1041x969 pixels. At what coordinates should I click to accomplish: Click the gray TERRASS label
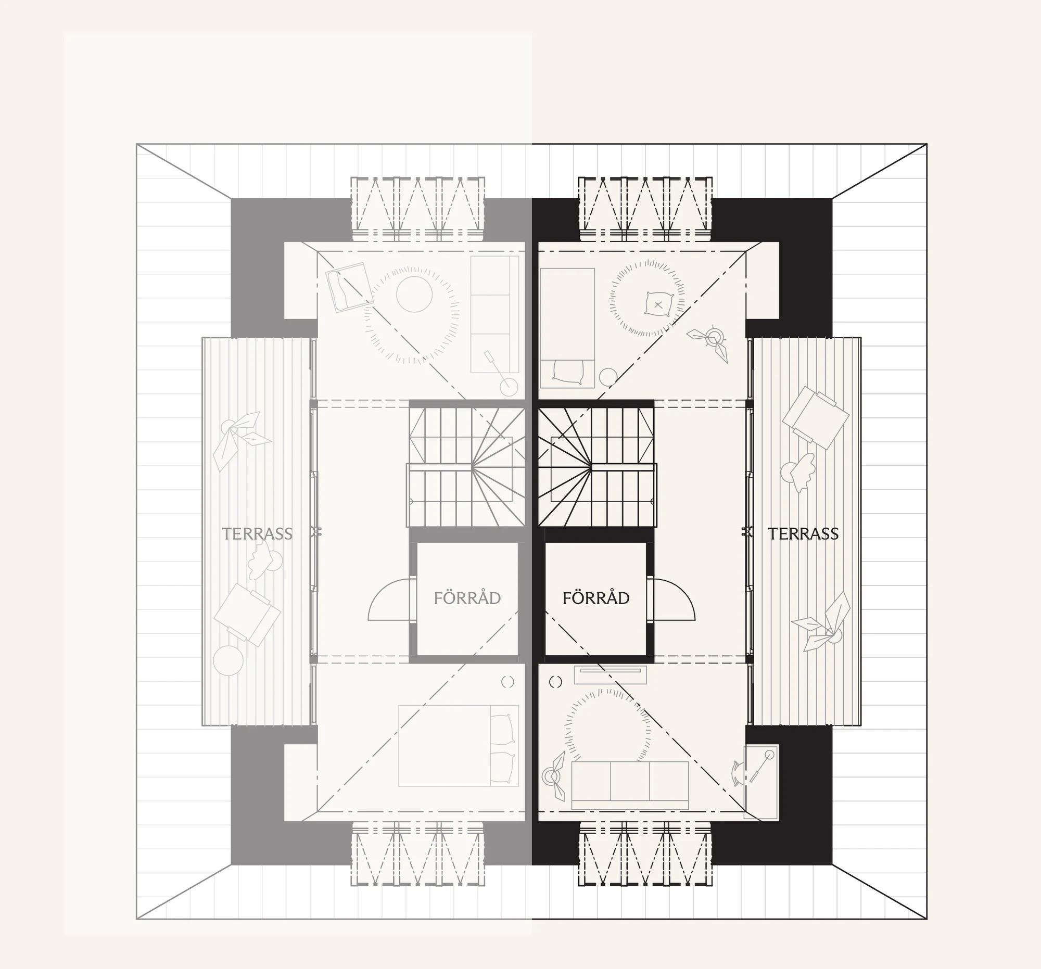pos(257,534)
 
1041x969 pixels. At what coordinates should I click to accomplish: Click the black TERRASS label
pos(803,534)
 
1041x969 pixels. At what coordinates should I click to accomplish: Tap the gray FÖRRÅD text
pos(467,598)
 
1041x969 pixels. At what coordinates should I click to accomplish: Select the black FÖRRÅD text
pos(596,598)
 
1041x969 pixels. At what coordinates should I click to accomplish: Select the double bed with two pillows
pos(458,745)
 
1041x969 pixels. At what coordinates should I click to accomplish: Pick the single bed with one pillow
pos(567,328)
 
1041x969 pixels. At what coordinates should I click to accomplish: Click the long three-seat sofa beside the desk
pos(630,785)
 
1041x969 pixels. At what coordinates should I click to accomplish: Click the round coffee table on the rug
pos(414,294)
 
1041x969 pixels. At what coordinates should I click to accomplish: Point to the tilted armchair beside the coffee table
pos(349,288)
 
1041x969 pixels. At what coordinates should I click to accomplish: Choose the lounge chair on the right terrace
pos(815,418)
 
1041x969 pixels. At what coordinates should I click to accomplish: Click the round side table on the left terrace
pos(229,660)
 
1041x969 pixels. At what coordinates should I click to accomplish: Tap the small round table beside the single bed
pos(608,377)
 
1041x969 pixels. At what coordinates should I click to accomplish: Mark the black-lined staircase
pos(596,467)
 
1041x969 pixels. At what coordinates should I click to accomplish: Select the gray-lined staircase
pos(466,467)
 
